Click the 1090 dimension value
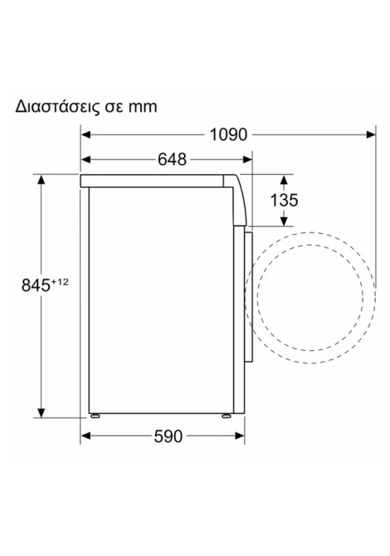click(x=228, y=134)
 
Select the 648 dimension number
click(x=172, y=159)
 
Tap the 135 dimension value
click(x=284, y=200)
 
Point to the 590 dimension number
click(x=168, y=437)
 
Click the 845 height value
click(x=36, y=285)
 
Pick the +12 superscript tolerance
click(x=59, y=282)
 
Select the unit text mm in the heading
click(x=143, y=107)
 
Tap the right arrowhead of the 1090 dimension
click(x=371, y=134)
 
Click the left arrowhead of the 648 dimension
click(x=85, y=159)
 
